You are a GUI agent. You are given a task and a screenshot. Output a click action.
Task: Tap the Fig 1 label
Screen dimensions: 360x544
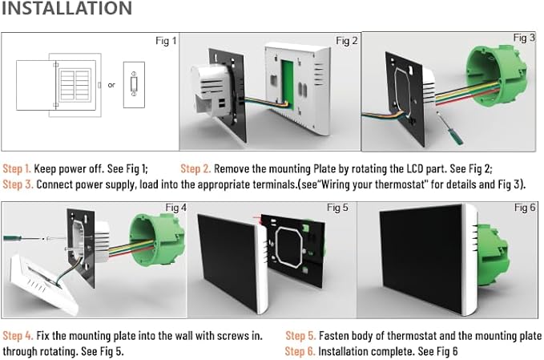[166, 40]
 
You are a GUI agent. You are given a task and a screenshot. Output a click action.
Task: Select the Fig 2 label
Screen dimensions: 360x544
[347, 41]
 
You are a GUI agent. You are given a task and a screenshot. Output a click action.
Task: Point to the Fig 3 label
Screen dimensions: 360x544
[524, 38]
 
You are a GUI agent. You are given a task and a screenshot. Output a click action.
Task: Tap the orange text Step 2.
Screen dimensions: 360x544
[195, 169]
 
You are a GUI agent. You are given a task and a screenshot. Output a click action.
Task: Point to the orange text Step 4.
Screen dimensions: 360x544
[18, 336]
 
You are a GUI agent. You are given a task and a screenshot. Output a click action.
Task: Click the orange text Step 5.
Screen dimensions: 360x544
[300, 336]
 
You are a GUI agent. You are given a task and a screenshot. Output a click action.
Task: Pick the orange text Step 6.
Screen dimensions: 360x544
[300, 351]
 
